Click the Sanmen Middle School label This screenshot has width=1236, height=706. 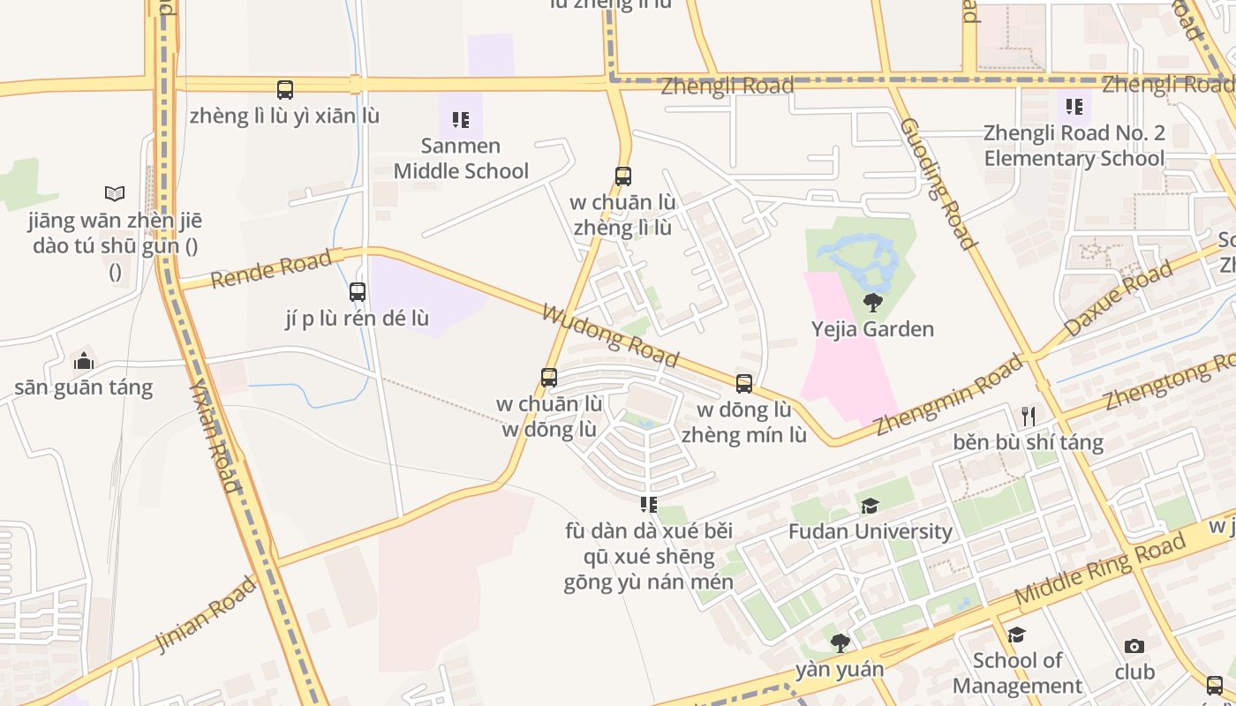461,158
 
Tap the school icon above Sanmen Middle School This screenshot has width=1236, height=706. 460,119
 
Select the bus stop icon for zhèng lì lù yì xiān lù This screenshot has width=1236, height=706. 284,89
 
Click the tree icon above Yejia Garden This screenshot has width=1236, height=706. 872,304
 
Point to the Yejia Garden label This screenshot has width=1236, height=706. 872,329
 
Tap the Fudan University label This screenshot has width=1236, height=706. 870,531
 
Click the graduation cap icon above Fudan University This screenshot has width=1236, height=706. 870,506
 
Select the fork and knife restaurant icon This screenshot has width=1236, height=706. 1028,416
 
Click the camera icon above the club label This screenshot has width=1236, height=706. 1134,647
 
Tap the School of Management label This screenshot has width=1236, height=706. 1017,672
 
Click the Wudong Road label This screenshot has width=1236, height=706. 610,336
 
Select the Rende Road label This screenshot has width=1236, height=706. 271,267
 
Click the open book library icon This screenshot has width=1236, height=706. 115,193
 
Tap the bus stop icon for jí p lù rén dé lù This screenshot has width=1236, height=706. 358,291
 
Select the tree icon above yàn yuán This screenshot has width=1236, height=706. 840,642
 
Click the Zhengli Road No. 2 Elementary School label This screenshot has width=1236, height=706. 1074,146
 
